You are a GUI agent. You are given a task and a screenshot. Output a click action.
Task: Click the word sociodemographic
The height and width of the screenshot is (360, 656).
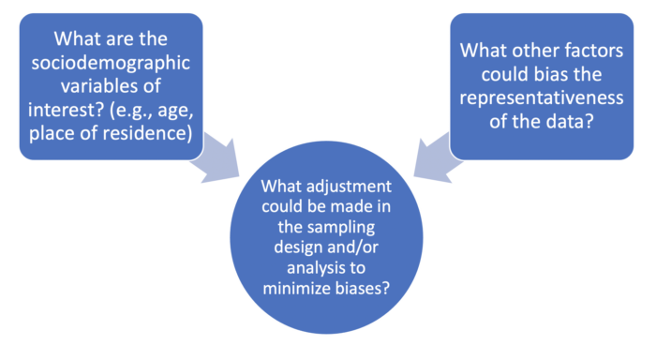[111, 63]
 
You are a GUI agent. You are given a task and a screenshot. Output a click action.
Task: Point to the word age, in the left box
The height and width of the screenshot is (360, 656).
[176, 111]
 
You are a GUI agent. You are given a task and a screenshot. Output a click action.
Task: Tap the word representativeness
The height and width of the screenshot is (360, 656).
[542, 98]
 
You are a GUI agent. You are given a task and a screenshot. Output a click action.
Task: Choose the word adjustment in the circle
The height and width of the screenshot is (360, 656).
[349, 187]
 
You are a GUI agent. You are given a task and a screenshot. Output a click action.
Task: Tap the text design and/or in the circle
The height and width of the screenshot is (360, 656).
[326, 247]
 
